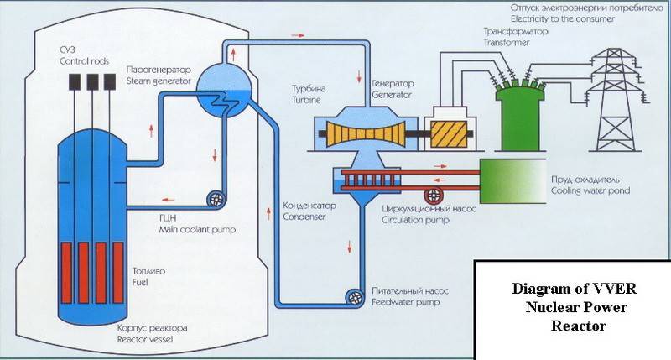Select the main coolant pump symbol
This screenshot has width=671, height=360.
[216, 200]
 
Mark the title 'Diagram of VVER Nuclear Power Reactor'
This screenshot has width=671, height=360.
[574, 306]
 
